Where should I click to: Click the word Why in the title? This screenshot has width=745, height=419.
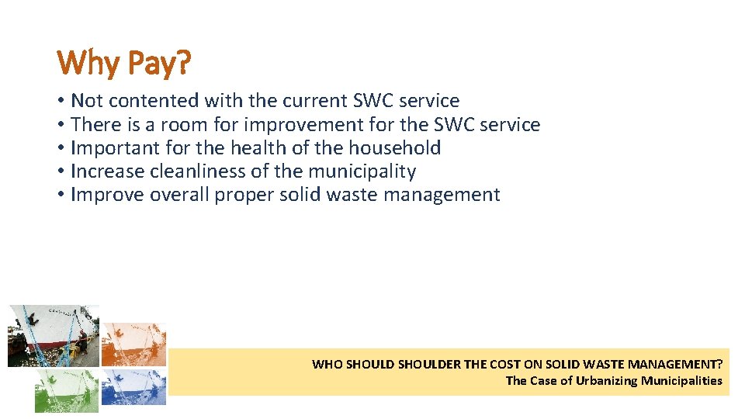click(87, 63)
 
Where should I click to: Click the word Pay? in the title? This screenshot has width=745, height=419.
click(158, 64)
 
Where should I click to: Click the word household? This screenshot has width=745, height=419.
click(394, 147)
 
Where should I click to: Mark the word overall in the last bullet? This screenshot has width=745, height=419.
click(178, 195)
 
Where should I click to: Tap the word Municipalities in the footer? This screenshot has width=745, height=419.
click(681, 380)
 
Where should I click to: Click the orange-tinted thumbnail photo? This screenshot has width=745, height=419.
click(133, 344)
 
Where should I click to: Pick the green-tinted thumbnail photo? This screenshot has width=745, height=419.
click(66, 390)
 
